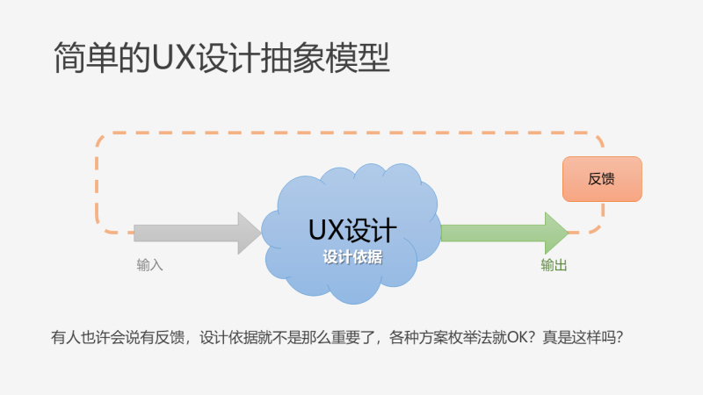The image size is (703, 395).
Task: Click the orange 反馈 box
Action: (x=602, y=179)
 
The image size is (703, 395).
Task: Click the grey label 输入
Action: (x=149, y=264)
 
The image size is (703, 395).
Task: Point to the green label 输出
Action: (x=554, y=264)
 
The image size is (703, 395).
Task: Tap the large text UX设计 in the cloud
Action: (x=351, y=229)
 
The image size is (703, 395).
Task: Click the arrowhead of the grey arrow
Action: (x=250, y=233)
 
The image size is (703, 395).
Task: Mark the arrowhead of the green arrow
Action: (x=556, y=233)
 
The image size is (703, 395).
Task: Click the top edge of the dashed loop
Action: (x=351, y=134)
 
